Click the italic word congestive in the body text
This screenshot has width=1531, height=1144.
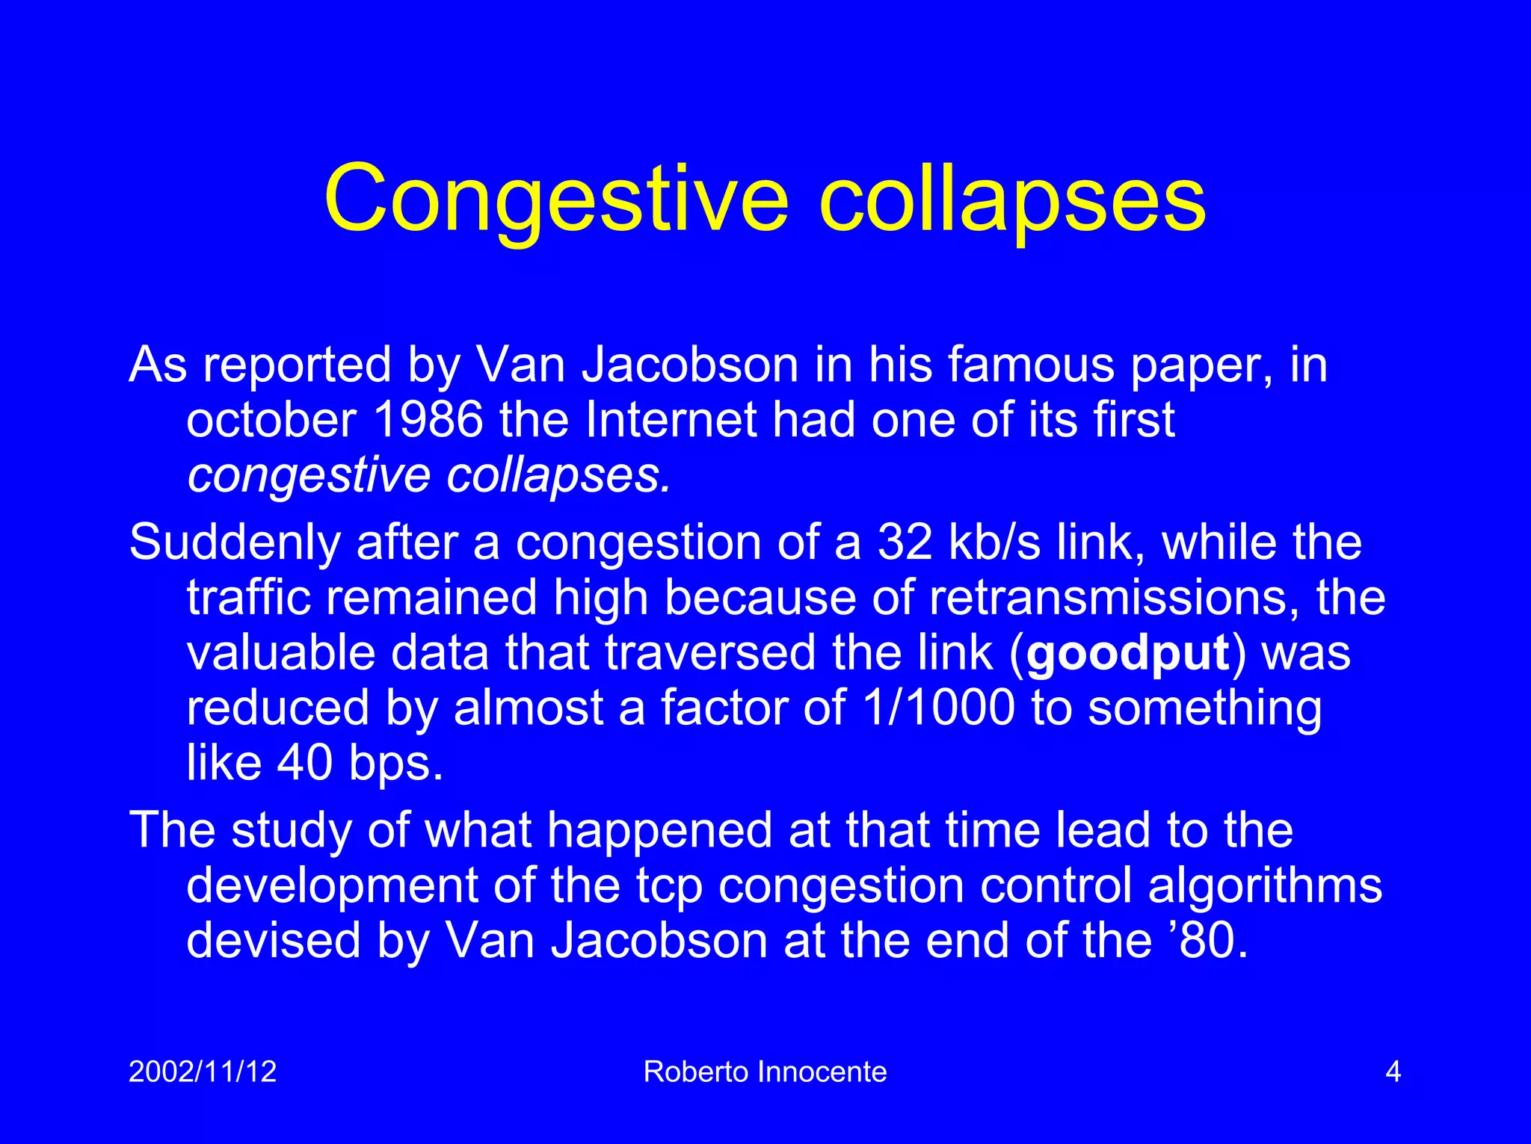pos(309,475)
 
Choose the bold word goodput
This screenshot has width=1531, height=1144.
pos(1128,652)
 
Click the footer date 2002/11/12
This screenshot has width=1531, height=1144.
pos(203,1072)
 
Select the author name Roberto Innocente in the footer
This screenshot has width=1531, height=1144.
pos(765,1072)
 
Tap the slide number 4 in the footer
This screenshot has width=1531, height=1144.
pos(1393,1072)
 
